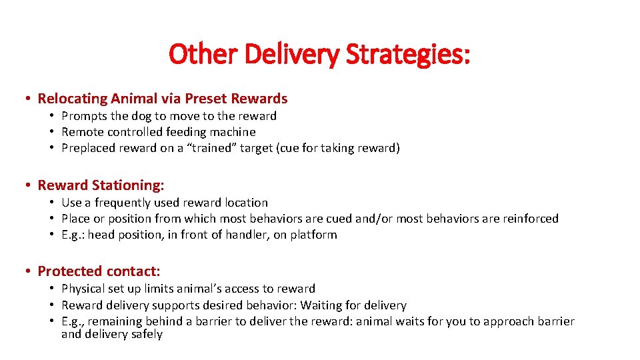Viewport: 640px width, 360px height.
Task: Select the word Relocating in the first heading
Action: coord(72,99)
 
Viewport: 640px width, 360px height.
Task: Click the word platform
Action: coord(314,235)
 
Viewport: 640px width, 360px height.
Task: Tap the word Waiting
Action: coord(323,305)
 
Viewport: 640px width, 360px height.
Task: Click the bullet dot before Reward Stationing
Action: coord(27,185)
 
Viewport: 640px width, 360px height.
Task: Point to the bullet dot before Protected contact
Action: coord(27,271)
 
